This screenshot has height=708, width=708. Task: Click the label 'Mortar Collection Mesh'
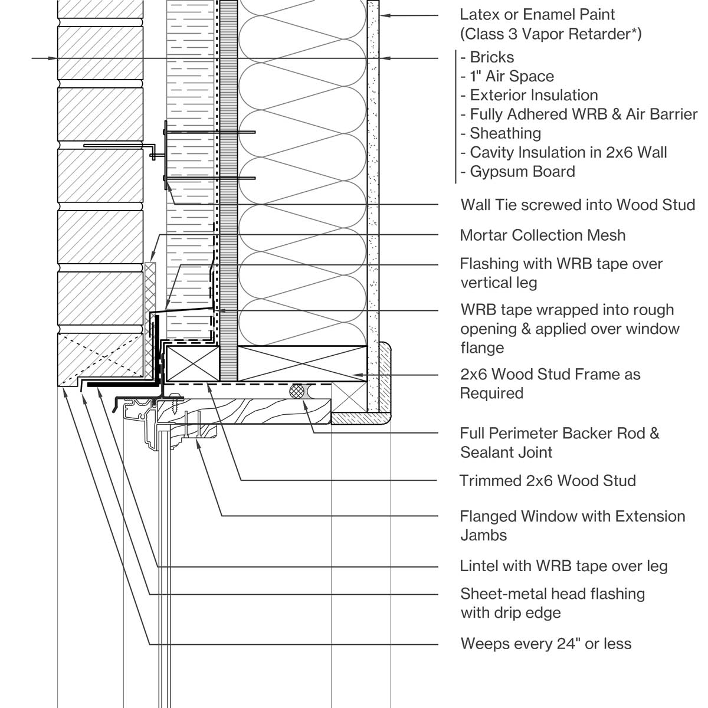(542, 235)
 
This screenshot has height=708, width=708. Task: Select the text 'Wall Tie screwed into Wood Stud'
(578, 205)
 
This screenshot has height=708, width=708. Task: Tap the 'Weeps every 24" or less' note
(546, 643)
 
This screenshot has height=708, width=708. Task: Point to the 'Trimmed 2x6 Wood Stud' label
(548, 480)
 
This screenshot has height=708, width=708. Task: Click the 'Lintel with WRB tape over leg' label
(563, 566)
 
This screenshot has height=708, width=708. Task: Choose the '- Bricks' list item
(487, 57)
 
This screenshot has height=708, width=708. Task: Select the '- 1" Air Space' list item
(507, 76)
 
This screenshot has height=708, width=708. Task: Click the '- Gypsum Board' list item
(517, 172)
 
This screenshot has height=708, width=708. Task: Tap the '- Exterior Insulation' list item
(529, 95)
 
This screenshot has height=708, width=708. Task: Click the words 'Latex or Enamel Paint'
(537, 14)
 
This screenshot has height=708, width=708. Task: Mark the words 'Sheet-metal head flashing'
(552, 594)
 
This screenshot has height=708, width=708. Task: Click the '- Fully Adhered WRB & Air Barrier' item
(579, 114)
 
